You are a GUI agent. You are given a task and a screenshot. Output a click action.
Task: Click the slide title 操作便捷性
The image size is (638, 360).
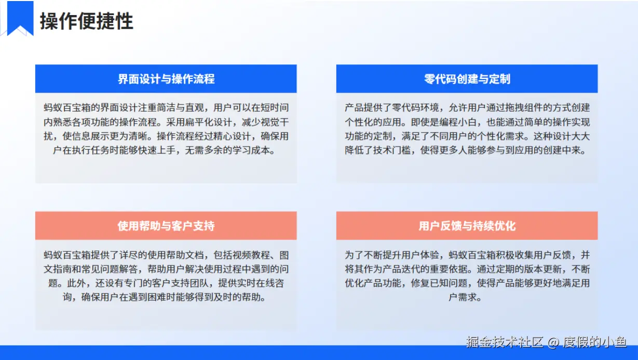(x=87, y=21)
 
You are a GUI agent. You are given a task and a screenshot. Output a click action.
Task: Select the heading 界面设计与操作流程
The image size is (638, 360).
(x=166, y=79)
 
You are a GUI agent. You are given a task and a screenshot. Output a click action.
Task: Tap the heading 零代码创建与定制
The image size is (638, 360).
(x=467, y=79)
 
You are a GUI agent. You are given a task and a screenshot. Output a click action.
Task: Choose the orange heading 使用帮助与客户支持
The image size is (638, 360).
(x=166, y=226)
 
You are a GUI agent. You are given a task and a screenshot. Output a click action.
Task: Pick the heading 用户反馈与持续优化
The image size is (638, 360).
(x=467, y=226)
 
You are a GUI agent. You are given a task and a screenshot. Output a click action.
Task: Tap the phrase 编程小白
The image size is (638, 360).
(x=458, y=122)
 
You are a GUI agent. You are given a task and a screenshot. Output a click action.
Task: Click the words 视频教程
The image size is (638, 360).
(x=251, y=255)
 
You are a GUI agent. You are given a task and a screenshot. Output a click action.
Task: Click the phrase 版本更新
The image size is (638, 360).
(x=543, y=269)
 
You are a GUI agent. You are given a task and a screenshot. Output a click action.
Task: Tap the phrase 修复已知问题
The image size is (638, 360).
(x=439, y=283)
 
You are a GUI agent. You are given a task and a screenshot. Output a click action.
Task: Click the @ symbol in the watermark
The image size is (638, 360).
(x=553, y=342)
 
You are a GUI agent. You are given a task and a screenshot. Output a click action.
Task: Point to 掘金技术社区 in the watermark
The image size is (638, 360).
(x=505, y=342)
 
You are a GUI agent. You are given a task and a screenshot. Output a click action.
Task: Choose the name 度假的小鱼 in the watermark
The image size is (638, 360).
(x=595, y=342)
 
